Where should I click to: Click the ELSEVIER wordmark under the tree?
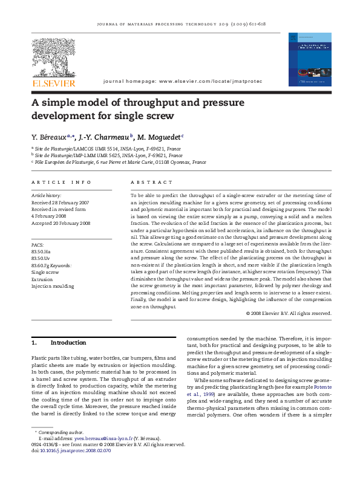coord(54,83)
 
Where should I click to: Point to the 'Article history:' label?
coord(46,196)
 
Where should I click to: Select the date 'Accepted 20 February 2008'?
coord(61,223)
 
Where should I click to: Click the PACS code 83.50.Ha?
coord(41,251)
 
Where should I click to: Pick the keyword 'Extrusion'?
coord(42,279)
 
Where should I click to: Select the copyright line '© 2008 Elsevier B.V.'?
coord(289,313)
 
